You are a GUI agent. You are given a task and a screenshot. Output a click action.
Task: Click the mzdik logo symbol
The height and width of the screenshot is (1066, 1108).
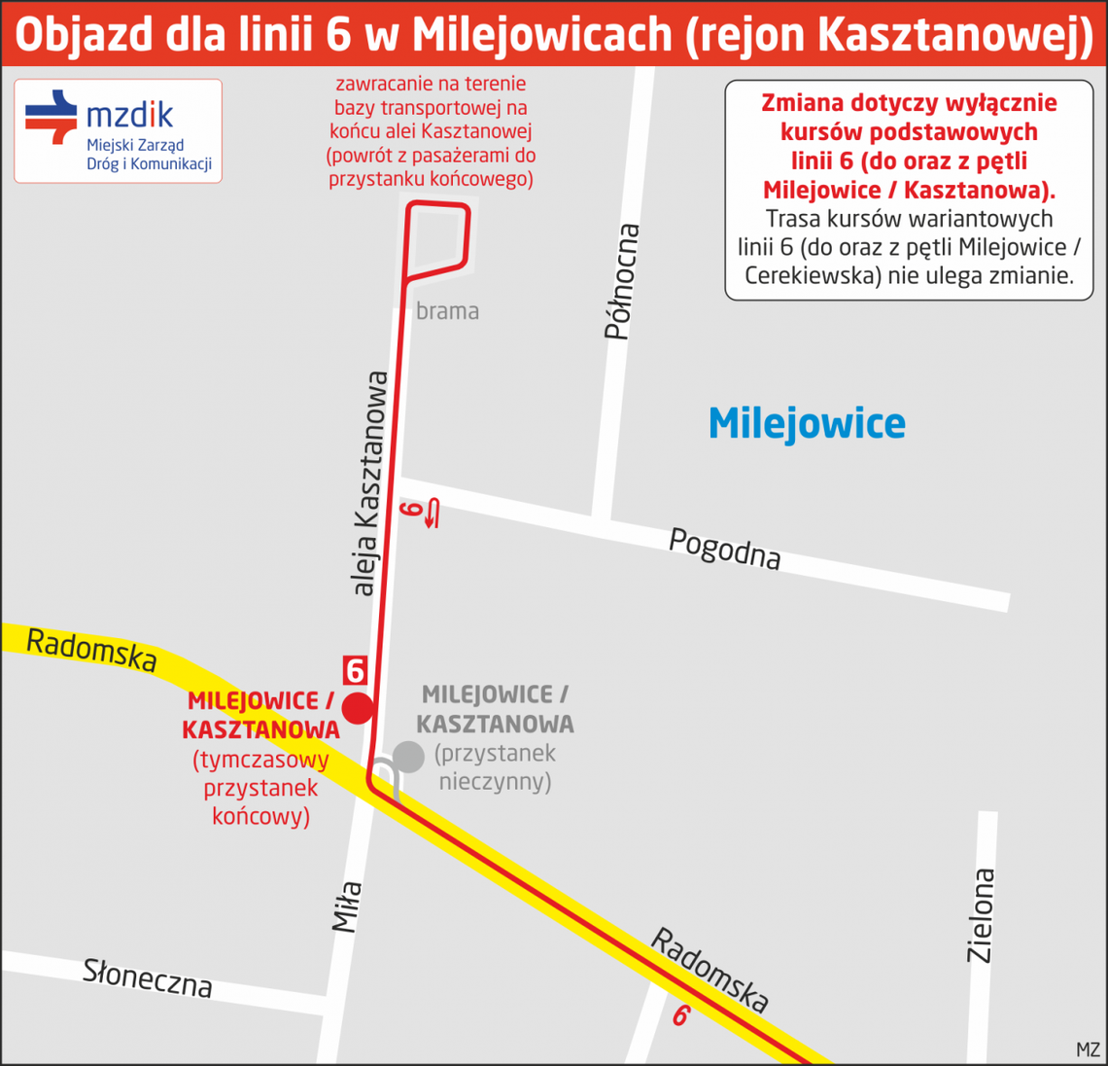click(52, 118)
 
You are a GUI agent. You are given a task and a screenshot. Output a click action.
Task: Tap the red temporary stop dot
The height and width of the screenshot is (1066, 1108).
click(359, 708)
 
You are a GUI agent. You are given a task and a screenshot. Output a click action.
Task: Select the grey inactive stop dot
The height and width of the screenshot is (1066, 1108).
click(408, 756)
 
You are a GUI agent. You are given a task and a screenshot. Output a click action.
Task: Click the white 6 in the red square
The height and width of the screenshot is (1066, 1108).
click(355, 671)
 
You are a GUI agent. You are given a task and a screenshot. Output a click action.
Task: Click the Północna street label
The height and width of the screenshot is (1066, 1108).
click(623, 282)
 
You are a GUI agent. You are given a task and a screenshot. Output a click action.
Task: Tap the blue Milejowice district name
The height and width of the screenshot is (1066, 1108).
click(807, 424)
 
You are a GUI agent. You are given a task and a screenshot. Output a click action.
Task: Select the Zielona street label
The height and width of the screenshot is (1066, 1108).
click(982, 915)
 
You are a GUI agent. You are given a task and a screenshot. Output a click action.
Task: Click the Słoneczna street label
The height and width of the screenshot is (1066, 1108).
click(148, 977)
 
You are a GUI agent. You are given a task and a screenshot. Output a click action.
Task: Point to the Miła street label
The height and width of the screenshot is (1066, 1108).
click(348, 906)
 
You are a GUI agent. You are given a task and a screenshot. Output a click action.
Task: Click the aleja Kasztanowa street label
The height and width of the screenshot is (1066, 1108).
click(370, 482)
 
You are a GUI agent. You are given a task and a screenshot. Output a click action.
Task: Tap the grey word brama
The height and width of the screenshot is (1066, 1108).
click(447, 311)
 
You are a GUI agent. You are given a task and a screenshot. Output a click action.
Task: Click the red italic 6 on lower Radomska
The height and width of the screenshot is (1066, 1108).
click(681, 1016)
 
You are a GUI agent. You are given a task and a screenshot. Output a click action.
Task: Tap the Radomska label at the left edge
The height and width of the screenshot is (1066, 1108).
click(91, 650)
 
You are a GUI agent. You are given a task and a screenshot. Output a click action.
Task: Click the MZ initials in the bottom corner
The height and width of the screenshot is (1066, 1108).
click(1088, 1050)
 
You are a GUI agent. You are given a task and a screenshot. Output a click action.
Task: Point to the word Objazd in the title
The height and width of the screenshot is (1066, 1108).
click(84, 35)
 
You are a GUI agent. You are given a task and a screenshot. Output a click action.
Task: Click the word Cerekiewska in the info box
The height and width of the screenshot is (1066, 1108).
click(811, 276)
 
